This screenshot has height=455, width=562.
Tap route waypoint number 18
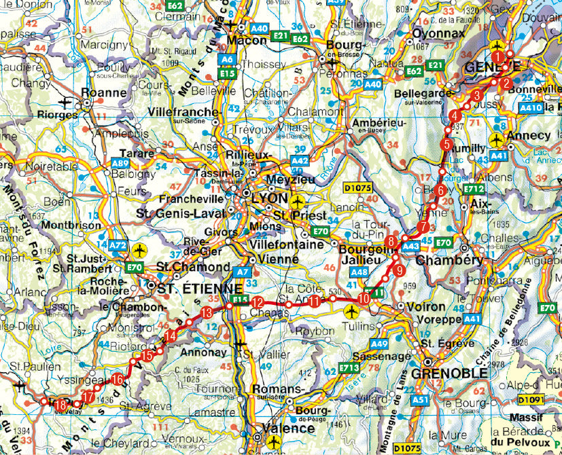click(x=60, y=406)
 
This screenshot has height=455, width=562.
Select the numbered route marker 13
click(x=207, y=312)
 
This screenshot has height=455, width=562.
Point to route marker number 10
click(x=364, y=298)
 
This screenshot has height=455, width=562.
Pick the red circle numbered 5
click(x=446, y=144)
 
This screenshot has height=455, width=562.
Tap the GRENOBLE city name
click(x=449, y=373)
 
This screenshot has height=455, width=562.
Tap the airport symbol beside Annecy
click(x=497, y=139)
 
